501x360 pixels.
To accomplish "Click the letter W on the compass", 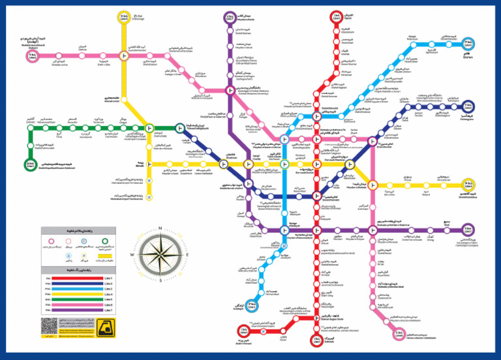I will pos(132,254).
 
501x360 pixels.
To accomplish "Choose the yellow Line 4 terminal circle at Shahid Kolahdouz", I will pos(468,186).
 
